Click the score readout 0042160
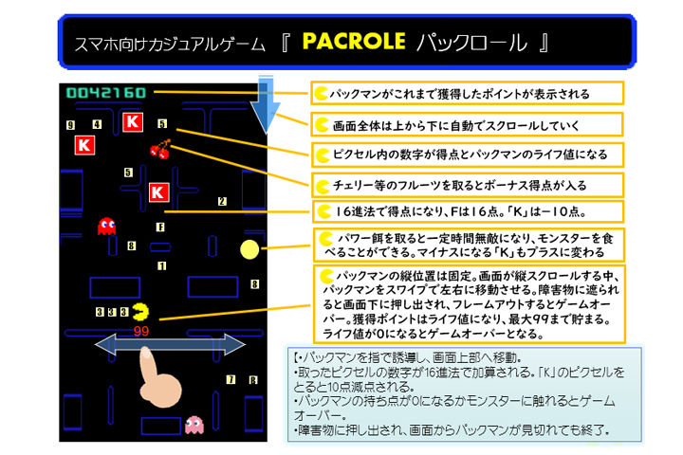(105, 93)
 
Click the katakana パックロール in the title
(484, 44)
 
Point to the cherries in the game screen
(159, 149)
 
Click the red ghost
(107, 226)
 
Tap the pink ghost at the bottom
(194, 423)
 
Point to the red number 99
(142, 331)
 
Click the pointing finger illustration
(156, 374)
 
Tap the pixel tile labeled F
(161, 227)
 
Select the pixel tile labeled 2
(222, 201)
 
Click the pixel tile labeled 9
(71, 125)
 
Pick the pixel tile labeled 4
(97, 124)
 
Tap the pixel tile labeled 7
(231, 380)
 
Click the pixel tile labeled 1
(162, 267)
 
